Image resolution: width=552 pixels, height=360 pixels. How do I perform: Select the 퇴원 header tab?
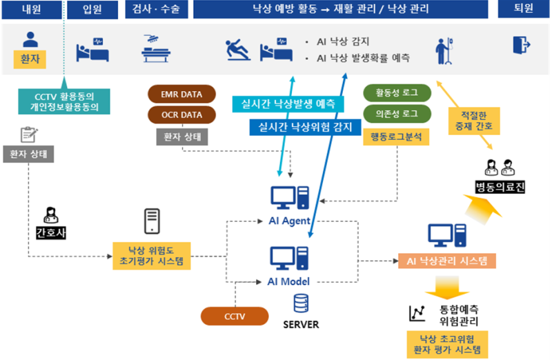pos(523,10)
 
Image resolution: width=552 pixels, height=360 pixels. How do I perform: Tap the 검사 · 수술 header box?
pos(155,10)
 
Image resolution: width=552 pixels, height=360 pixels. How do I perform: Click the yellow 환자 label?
pos(30,60)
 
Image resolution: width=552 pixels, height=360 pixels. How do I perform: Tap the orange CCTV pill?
pos(234,317)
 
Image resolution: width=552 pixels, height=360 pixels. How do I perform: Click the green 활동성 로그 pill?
pos(397,93)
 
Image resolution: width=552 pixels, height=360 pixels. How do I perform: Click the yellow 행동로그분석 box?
pos(397,137)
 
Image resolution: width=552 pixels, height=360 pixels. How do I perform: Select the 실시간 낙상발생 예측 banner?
pos(288,104)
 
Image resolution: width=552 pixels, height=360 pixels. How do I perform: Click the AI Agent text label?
pos(290,221)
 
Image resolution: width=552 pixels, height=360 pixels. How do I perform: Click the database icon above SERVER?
pos(301,304)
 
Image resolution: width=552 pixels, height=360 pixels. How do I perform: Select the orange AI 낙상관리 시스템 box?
pos(446,261)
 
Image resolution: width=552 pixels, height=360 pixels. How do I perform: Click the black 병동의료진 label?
pos(500,187)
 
